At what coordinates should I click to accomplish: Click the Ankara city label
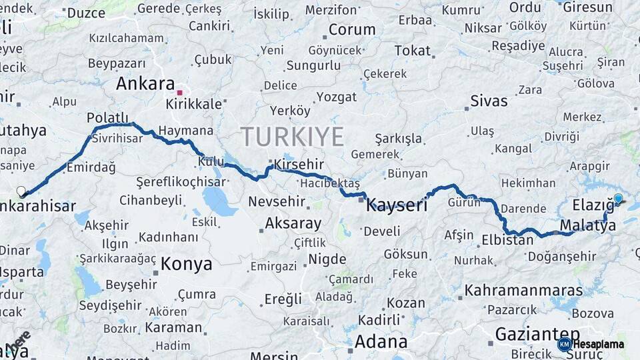point(145,84)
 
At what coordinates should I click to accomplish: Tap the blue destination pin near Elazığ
point(618,198)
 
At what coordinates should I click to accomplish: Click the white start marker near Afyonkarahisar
point(21,191)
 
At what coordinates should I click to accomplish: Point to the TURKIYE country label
point(292,137)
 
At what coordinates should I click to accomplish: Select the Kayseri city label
point(397,205)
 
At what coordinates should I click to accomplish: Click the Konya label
point(187,263)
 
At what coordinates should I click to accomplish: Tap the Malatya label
point(587,225)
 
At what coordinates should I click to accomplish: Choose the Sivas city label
point(489,101)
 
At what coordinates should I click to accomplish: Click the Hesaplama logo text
point(599,344)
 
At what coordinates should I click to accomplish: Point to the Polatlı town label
point(107,118)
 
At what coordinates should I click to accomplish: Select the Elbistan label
point(507,240)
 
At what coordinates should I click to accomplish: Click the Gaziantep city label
point(537,334)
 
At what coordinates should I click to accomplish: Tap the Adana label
point(381,342)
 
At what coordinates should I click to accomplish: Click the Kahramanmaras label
point(523,290)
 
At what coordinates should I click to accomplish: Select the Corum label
point(352,30)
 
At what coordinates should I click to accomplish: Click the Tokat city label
point(412,51)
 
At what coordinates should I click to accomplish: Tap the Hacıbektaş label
point(329,183)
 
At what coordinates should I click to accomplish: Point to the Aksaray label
point(293,223)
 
